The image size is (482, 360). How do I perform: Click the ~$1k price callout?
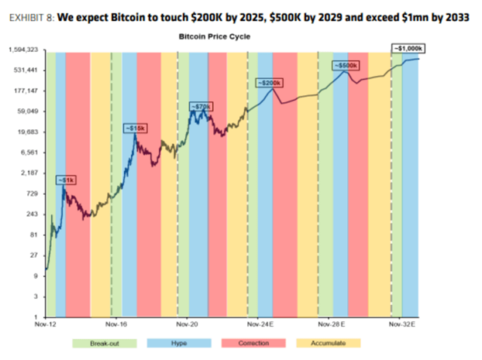pyautogui.click(x=66, y=179)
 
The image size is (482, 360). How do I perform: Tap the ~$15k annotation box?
pyautogui.click(x=134, y=129)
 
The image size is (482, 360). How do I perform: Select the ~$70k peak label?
pyautogui.click(x=200, y=107)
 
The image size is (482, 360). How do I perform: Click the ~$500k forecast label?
pyautogui.click(x=345, y=66)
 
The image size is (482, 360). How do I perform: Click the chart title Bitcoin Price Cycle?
pyautogui.click(x=215, y=36)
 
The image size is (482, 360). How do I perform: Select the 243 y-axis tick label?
pyautogui.click(x=32, y=214)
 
